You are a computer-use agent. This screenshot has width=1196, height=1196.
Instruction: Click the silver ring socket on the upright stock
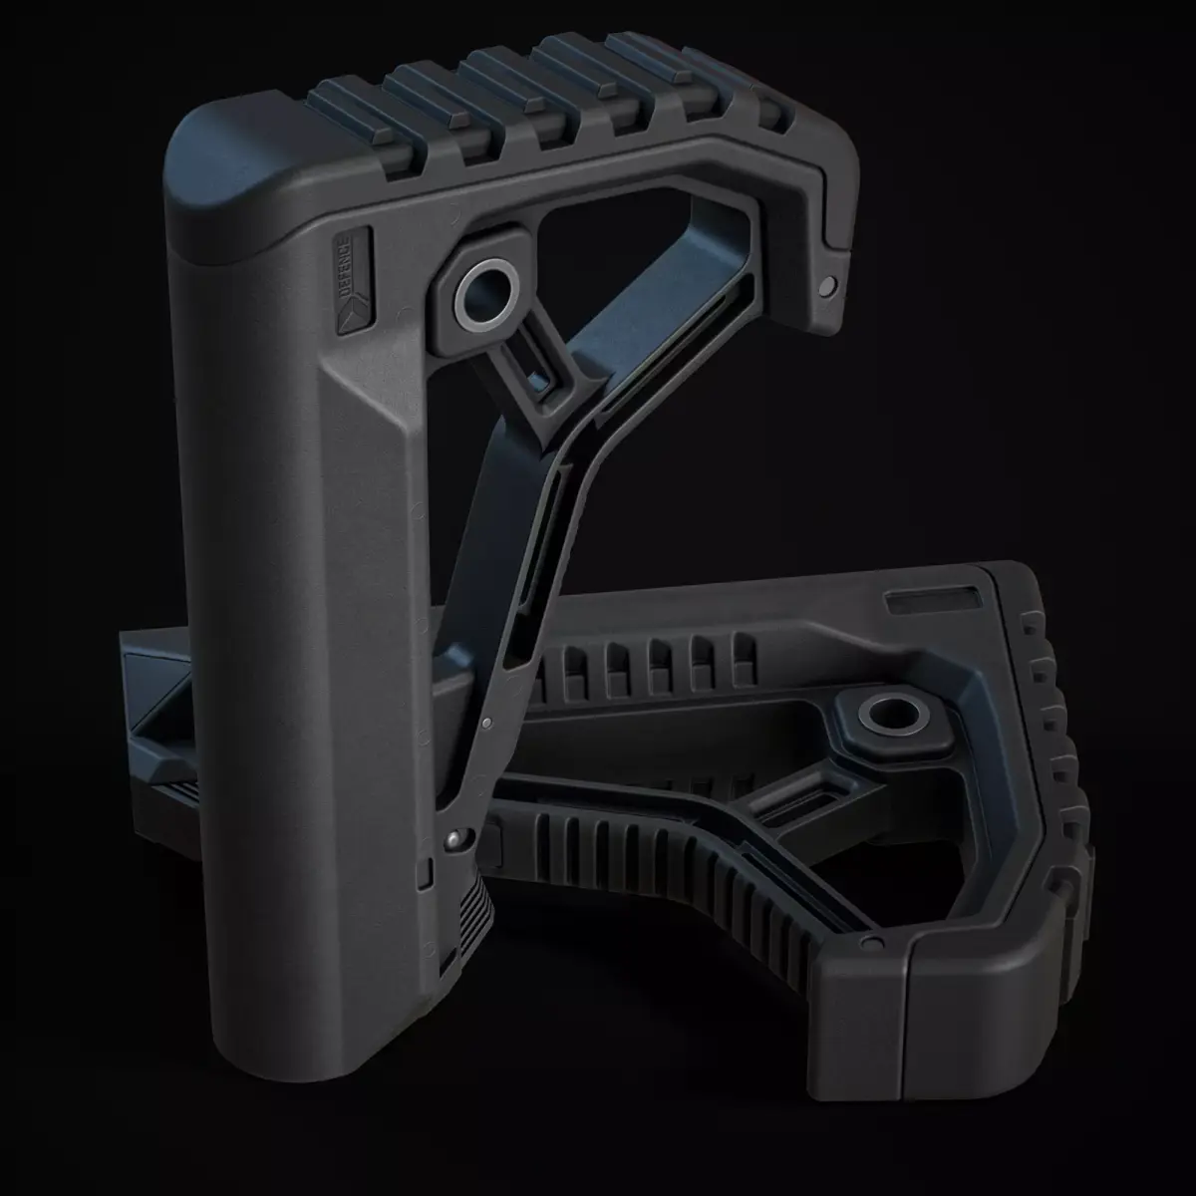[485, 296]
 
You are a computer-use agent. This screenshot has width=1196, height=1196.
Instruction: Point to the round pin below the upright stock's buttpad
[825, 286]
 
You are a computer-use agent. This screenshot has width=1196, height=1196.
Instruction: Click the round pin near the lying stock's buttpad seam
[872, 942]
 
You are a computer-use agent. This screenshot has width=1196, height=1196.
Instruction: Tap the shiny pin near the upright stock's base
[454, 840]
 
